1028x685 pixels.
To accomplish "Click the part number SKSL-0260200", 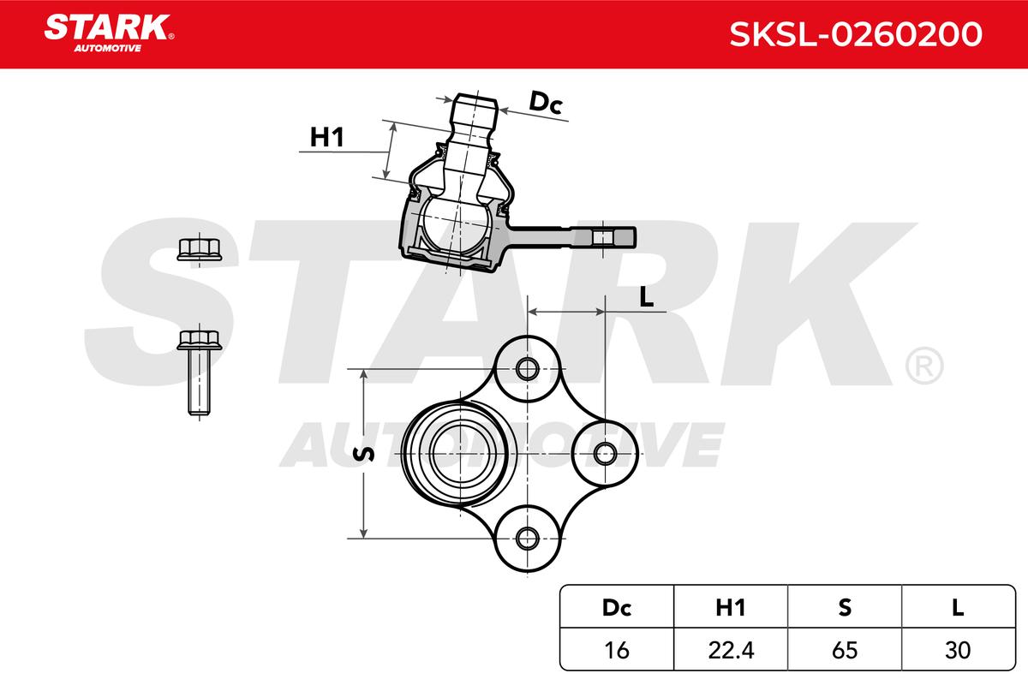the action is coord(856,34).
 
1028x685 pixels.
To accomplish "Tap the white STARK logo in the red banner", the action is coord(109,33).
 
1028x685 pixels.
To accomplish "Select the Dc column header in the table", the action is coord(616,607).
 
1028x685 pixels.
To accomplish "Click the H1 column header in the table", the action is coord(731,607).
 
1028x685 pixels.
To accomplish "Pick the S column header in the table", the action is coord(845,607).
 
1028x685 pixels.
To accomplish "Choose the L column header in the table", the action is coord(958,607).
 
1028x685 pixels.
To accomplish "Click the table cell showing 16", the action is coord(616,650).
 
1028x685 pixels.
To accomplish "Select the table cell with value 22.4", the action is coord(731,650).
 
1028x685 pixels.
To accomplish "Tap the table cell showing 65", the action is coord(845,650).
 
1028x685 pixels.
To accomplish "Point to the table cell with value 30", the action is coord(958,650).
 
